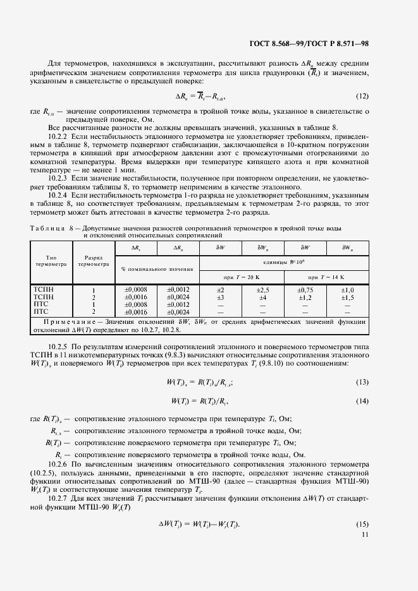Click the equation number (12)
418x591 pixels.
pyautogui.click(x=362, y=97)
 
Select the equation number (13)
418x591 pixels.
pyautogui.click(x=362, y=383)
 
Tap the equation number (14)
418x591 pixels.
pyautogui.click(x=362, y=401)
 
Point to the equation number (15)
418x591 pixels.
pyautogui.click(x=362, y=526)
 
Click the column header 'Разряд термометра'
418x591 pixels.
pyautogui.click(x=94, y=261)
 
